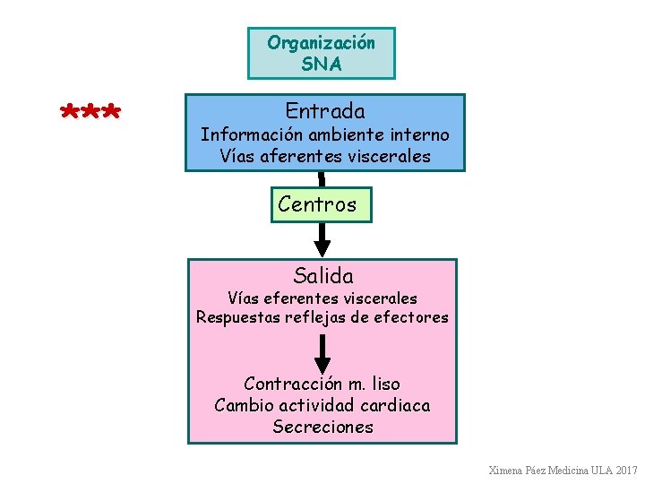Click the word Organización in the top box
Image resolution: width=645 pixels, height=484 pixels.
[321, 42]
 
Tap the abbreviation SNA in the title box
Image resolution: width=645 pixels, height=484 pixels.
[321, 64]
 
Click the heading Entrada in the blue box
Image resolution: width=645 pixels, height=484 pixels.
[325, 111]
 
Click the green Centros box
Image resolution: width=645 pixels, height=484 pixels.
[317, 204]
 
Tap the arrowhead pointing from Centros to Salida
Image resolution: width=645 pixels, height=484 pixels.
[322, 246]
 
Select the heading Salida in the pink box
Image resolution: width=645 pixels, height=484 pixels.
[322, 276]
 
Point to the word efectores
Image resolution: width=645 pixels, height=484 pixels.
[411, 317]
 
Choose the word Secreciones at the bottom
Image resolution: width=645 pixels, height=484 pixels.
[322, 427]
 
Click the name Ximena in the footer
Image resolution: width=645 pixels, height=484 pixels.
[507, 470]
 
